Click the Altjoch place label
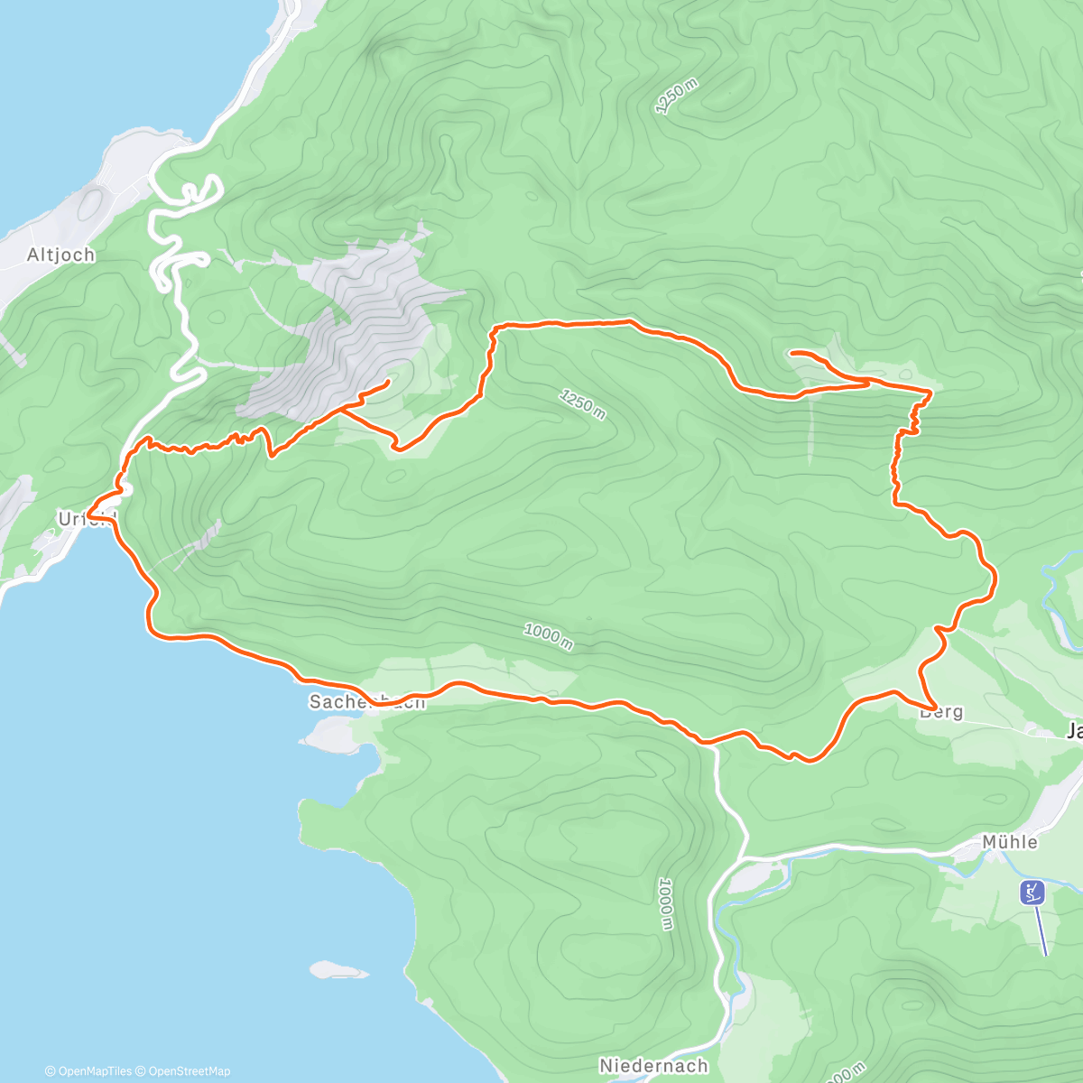[x=60, y=255]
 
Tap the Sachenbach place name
[x=366, y=702]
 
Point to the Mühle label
[x=1010, y=842]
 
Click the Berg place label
[x=941, y=712]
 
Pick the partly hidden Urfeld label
[x=87, y=519]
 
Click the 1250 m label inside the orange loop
[x=582, y=403]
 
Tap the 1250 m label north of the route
[x=677, y=97]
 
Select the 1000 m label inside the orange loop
[x=548, y=635]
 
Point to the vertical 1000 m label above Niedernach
[x=665, y=903]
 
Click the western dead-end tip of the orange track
[x=387, y=383]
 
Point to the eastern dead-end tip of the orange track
[x=791, y=353]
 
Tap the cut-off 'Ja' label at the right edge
[x=1073, y=732]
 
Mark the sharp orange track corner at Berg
[x=933, y=706]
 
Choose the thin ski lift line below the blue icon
[x=1040, y=930]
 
